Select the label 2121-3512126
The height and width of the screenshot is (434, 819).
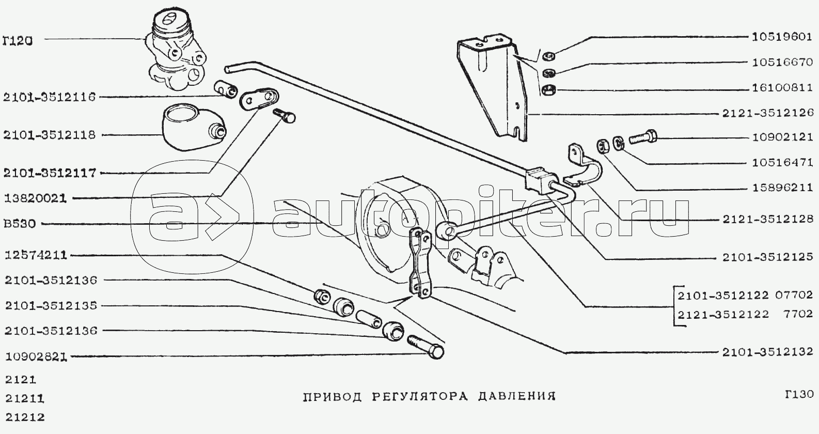point(768,114)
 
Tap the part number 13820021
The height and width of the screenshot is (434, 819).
point(36,199)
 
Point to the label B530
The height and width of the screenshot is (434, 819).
point(20,223)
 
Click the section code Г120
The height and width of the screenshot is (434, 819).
point(17,41)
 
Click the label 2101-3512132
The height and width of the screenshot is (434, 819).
point(767,352)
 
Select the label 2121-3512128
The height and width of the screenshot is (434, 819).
point(768,219)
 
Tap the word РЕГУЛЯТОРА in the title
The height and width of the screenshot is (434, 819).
point(420,396)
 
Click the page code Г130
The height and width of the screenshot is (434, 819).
point(798,394)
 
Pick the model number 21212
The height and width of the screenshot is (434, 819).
point(24,417)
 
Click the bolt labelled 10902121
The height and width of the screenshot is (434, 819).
point(643,138)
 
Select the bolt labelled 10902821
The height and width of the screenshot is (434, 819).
point(425,347)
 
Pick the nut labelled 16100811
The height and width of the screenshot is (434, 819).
point(548,90)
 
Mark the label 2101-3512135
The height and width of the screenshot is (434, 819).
point(51,305)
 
